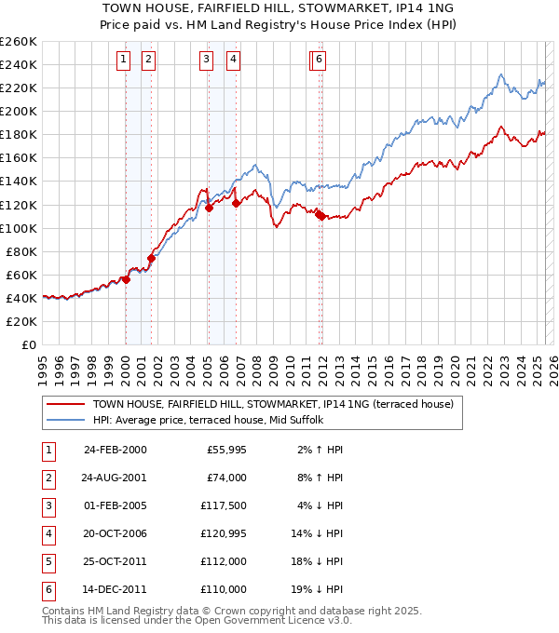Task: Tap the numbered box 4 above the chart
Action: pyautogui.click(x=232, y=60)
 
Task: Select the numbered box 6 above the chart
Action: pyautogui.click(x=319, y=60)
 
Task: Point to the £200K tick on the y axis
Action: pyautogui.click(x=20, y=111)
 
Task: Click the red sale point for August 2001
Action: pyautogui.click(x=151, y=258)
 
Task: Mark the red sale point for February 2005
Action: pyautogui.click(x=209, y=208)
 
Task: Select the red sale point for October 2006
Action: pyautogui.click(x=237, y=204)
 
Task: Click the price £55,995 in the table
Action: pyautogui.click(x=225, y=450)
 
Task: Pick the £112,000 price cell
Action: pyautogui.click(x=225, y=561)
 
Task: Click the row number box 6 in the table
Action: pyautogui.click(x=48, y=589)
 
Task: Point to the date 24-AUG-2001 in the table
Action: pyautogui.click(x=115, y=478)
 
